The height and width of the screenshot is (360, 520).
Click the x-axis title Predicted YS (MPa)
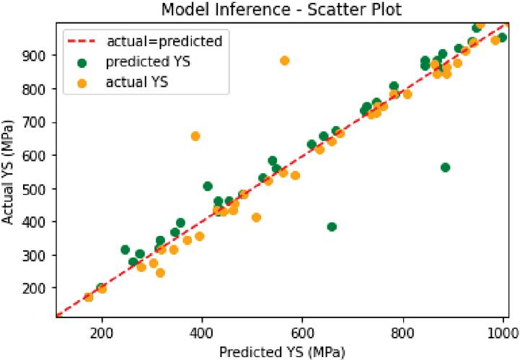click(x=282, y=351)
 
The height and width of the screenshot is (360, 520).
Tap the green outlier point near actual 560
click(x=445, y=167)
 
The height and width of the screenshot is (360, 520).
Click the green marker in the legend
click(x=81, y=62)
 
